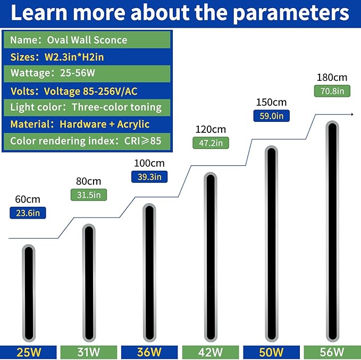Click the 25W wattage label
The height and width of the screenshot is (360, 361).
click(x=28, y=352)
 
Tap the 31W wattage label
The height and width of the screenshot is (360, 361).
click(x=89, y=352)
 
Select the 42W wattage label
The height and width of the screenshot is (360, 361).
click(x=211, y=352)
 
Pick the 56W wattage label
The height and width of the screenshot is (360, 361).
click(x=332, y=352)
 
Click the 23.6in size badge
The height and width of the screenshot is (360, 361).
click(x=28, y=213)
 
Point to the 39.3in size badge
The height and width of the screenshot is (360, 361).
click(x=149, y=177)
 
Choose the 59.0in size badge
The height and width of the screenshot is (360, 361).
click(x=272, y=115)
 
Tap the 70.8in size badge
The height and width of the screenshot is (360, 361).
click(x=332, y=91)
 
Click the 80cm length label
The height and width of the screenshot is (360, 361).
click(x=89, y=181)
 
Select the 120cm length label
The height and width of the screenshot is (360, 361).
click(x=211, y=129)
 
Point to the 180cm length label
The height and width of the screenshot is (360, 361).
click(x=332, y=78)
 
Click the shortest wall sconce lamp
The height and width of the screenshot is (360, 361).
click(x=29, y=293)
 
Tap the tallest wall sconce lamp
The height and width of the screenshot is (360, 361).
click(x=332, y=231)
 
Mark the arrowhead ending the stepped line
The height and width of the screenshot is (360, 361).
click(x=352, y=114)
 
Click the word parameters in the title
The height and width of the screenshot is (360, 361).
click(x=291, y=13)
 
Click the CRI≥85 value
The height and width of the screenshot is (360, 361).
click(x=142, y=141)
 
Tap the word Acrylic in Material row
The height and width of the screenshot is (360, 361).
click(x=133, y=124)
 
